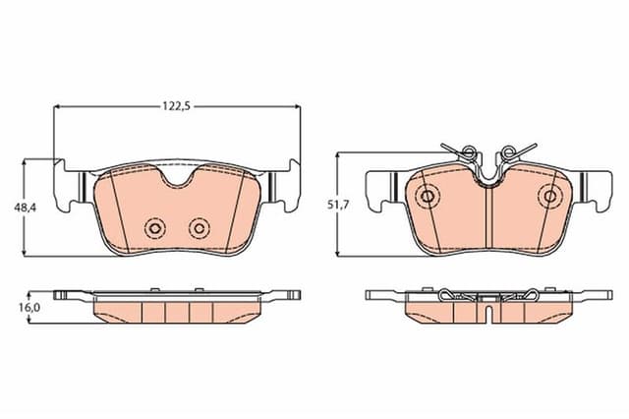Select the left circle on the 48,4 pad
[x=153, y=228]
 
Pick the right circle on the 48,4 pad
[x=200, y=228]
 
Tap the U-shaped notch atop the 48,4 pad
[x=177, y=177]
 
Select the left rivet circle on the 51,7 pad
[x=428, y=196]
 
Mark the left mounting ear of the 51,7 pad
[x=379, y=190]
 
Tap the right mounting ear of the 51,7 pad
[x=598, y=190]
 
